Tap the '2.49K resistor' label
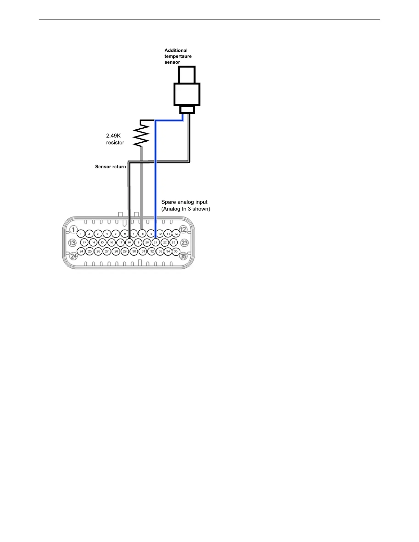click(115, 139)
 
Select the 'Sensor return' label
click(110, 167)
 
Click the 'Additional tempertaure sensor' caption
click(178, 56)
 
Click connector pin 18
click(129, 242)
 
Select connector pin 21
click(156, 242)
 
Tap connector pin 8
click(142, 234)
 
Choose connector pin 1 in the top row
click(81, 234)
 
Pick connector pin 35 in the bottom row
click(176, 251)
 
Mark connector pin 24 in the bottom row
click(81, 251)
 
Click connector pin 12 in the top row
click(176, 234)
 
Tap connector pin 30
click(134, 251)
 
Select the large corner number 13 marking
click(72, 243)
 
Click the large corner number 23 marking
click(185, 243)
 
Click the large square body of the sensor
click(187, 94)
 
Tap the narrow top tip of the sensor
click(187, 75)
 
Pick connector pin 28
click(116, 251)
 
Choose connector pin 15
click(102, 242)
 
